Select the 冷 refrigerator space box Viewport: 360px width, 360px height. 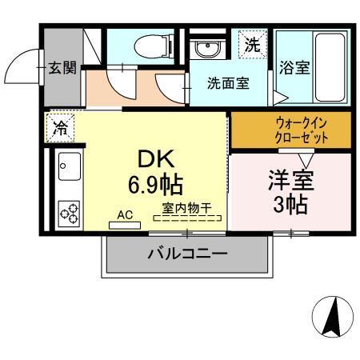(x=61, y=126)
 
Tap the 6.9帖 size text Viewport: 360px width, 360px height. (x=155, y=186)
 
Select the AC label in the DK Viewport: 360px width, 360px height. (x=125, y=214)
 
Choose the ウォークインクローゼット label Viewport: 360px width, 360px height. (x=290, y=130)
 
